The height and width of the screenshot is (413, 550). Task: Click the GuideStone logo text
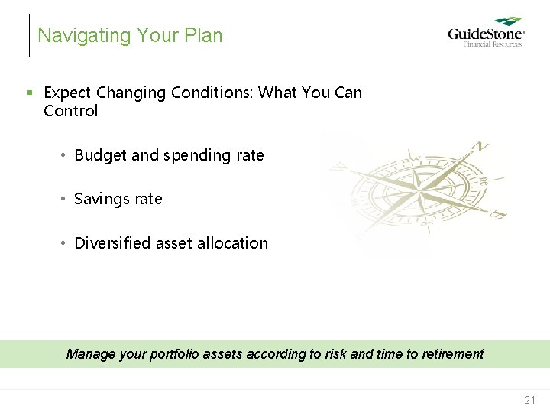click(485, 34)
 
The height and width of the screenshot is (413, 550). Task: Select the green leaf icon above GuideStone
click(508, 22)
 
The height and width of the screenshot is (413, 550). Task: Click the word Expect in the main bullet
click(66, 93)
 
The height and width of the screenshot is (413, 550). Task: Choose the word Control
click(71, 111)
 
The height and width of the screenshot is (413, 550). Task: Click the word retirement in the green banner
click(451, 354)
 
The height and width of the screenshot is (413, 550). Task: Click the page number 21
click(530, 400)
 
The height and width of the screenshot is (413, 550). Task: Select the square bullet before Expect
click(30, 93)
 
